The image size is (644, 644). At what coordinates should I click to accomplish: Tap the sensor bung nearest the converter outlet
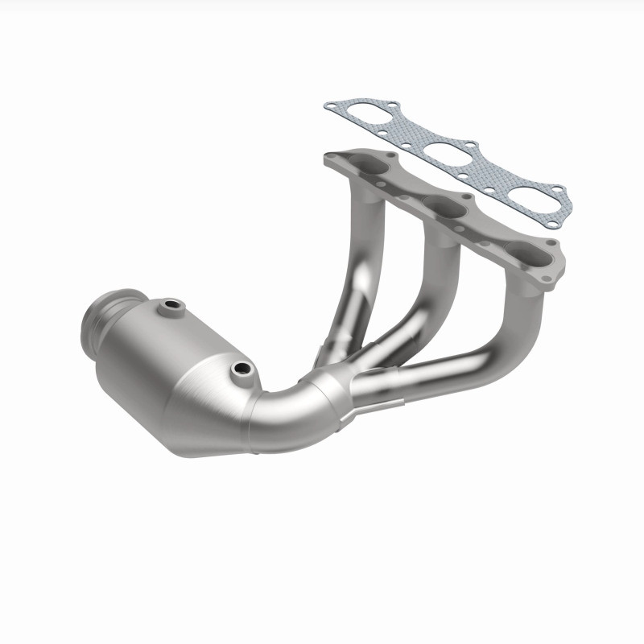coord(171,306)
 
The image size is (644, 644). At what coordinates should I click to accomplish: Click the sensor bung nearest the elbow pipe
coord(239,369)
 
